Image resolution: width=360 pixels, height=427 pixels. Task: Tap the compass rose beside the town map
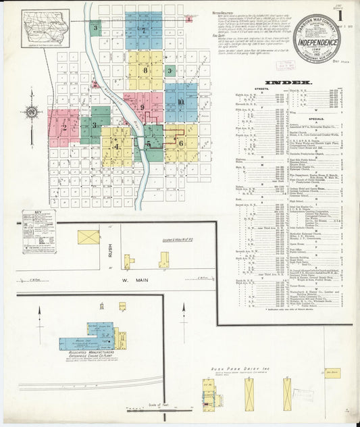32,111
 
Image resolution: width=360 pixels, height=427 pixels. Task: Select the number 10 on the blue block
181,102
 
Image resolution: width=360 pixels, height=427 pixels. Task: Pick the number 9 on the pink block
143,107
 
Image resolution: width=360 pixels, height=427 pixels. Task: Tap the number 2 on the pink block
64,127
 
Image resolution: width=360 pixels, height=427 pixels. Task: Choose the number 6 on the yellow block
181,143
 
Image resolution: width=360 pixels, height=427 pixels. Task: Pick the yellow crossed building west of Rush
88,237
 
